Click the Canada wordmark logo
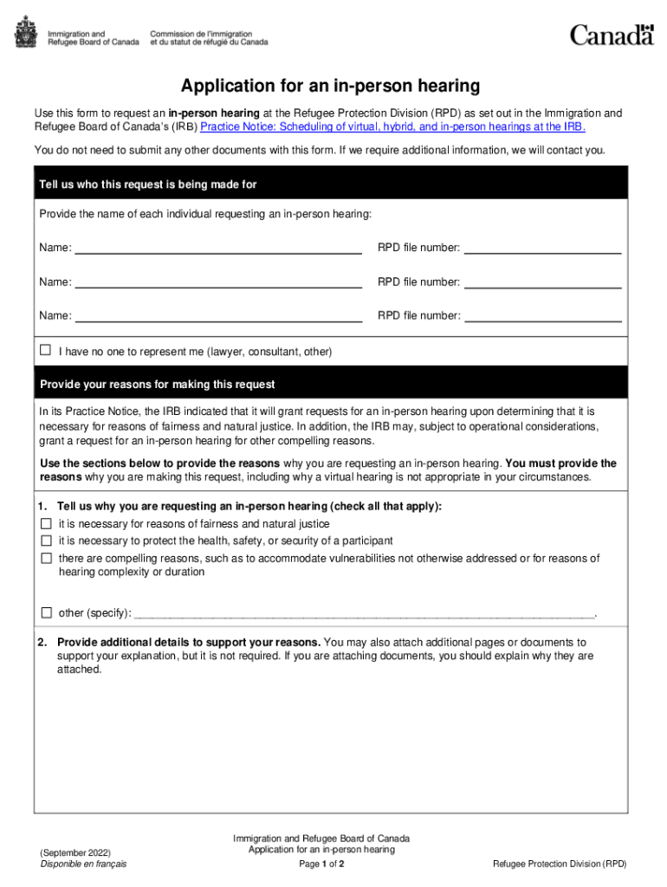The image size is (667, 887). [611, 35]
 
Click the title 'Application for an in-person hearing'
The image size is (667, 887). [330, 86]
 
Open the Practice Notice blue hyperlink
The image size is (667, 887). [392, 126]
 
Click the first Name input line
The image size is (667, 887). [218, 248]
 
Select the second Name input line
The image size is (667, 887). [218, 282]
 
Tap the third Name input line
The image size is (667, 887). [218, 316]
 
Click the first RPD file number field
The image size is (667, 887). [542, 248]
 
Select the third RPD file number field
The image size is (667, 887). [542, 316]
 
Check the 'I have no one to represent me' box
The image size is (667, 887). [46, 351]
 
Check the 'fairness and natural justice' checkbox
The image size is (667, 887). [46, 524]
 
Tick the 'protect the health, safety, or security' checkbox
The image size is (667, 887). [46, 541]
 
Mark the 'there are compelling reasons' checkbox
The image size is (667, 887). [46, 558]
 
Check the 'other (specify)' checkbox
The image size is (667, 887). [46, 612]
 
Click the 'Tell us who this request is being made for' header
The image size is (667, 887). [148, 185]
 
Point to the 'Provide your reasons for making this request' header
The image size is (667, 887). [158, 384]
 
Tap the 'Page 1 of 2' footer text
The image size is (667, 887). [321, 864]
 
